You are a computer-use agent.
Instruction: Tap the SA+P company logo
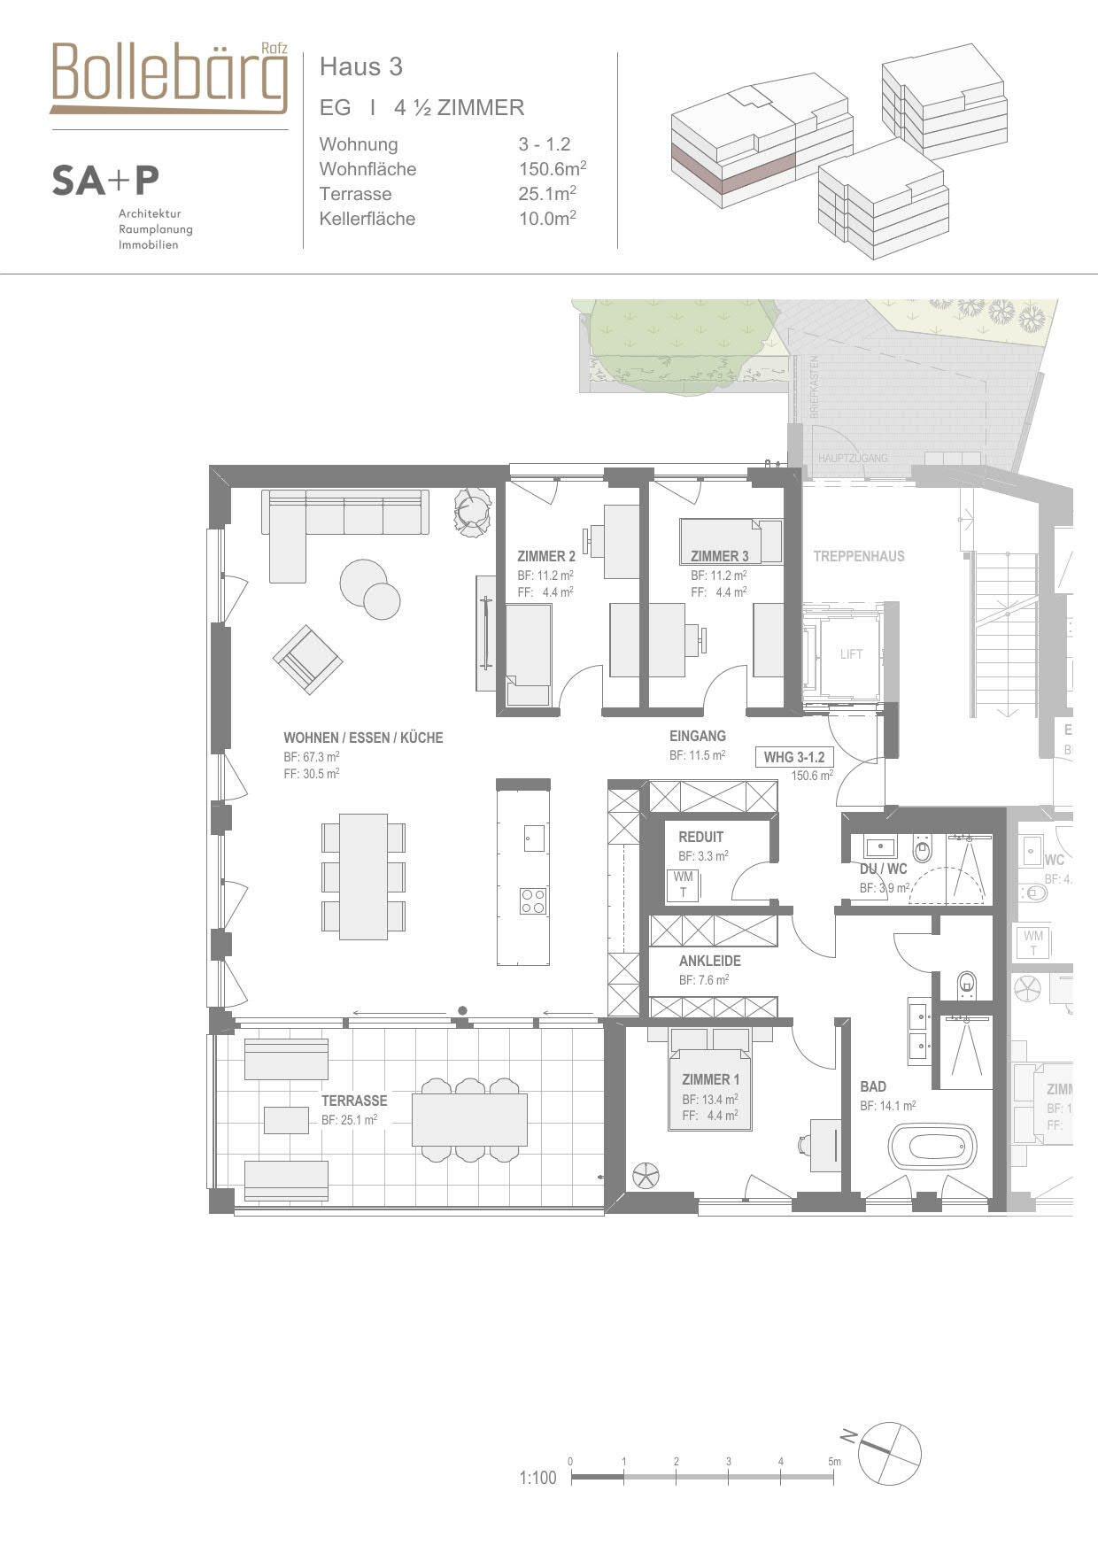(x=104, y=181)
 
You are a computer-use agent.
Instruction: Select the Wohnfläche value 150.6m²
(x=552, y=168)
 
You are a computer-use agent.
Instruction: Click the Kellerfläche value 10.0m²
(x=546, y=218)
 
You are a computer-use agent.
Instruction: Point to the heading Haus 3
(x=360, y=66)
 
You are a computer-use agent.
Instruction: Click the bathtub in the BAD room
(x=932, y=1147)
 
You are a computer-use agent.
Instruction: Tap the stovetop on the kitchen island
(x=533, y=900)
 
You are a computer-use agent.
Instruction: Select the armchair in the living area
(x=307, y=659)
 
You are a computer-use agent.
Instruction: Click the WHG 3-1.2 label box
(x=793, y=757)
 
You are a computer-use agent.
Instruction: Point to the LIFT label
(x=851, y=654)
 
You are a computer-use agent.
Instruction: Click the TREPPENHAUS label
(x=859, y=556)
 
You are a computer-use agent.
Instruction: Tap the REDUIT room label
(x=700, y=837)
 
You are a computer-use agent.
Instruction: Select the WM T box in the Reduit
(x=683, y=885)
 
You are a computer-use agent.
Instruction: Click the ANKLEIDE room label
(x=709, y=961)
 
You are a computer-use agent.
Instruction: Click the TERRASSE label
(x=354, y=1101)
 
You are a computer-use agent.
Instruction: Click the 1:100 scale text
(x=537, y=1478)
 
